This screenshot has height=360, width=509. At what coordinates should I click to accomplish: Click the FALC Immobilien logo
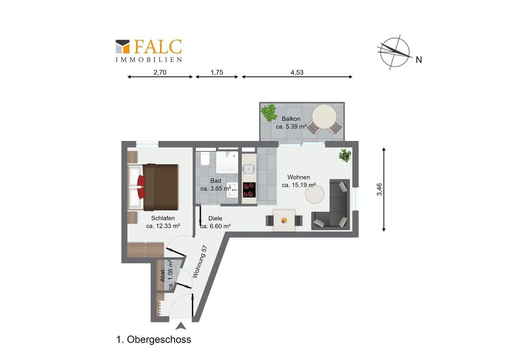tap(149, 50)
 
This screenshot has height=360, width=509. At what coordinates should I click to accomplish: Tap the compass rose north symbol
tap(395, 52)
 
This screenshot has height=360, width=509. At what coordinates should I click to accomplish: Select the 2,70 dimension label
tap(160, 73)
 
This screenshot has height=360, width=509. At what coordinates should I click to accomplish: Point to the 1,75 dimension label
tap(217, 73)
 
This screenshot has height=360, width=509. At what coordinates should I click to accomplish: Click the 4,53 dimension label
tap(297, 73)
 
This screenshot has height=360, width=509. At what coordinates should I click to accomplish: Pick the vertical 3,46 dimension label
tap(379, 190)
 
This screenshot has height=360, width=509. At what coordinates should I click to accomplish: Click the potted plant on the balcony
tap(269, 112)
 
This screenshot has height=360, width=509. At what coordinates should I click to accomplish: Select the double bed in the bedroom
tap(153, 187)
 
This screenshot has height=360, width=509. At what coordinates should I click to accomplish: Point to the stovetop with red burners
tap(249, 190)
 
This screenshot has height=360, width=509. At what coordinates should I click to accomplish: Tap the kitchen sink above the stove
tap(249, 169)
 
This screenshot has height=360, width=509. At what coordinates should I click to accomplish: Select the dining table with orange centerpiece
tap(284, 220)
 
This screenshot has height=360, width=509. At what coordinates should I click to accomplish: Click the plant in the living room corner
tap(345, 155)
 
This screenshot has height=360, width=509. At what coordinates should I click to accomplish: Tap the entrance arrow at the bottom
tap(181, 326)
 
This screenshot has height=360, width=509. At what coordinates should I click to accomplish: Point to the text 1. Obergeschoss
tap(153, 340)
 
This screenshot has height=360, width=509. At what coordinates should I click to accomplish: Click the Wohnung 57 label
tap(200, 262)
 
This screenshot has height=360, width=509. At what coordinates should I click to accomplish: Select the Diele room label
tap(215, 219)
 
